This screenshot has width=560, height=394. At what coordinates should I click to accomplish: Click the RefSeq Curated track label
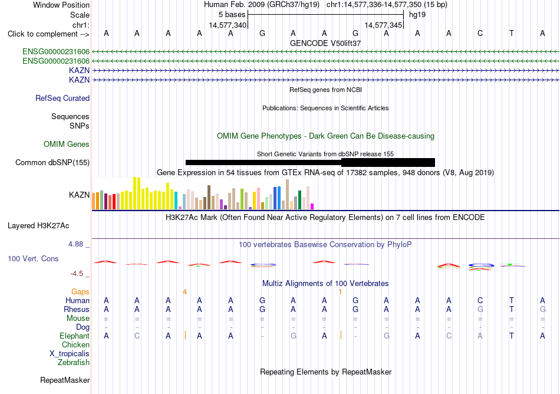click(62, 98)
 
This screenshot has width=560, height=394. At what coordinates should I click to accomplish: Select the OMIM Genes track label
click(67, 145)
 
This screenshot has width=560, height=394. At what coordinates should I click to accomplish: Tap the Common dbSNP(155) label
click(52, 163)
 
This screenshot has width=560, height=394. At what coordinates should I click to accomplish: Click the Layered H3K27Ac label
click(38, 226)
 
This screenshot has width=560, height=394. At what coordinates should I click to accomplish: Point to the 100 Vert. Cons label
click(33, 258)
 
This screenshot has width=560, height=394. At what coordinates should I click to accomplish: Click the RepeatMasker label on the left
click(65, 380)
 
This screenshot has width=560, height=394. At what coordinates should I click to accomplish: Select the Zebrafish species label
click(74, 363)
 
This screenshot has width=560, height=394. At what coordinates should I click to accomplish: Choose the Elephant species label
click(75, 336)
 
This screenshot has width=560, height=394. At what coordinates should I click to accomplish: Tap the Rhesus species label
click(77, 309)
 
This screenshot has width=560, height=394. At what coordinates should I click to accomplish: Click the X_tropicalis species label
click(70, 354)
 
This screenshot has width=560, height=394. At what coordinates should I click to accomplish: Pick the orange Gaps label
click(80, 292)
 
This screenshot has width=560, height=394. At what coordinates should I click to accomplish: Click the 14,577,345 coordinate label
click(383, 25)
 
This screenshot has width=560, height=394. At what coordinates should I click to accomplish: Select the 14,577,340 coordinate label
click(228, 25)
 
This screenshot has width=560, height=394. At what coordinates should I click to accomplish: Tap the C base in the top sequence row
click(480, 34)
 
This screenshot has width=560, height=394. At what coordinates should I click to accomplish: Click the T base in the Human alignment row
click(512, 300)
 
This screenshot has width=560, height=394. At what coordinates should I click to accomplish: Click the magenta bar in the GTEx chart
click(312, 206)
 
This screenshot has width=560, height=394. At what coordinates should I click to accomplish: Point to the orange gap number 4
click(185, 292)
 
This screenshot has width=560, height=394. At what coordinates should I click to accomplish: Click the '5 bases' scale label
click(232, 15)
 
